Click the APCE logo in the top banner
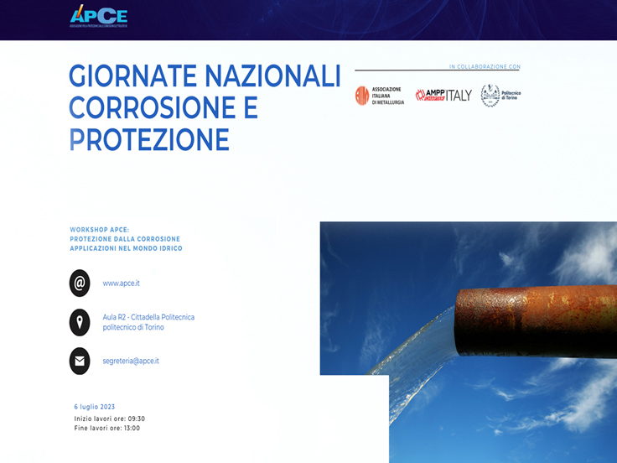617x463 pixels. pyautogui.click(x=98, y=16)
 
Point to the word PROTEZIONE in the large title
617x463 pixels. pyautogui.click(x=149, y=140)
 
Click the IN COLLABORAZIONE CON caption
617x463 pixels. pyautogui.click(x=485, y=66)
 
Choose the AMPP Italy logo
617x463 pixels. pyautogui.click(x=443, y=96)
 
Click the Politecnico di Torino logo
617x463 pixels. pyautogui.click(x=500, y=96)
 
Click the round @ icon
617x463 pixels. pyautogui.click(x=80, y=284)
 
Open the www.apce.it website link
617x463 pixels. pyautogui.click(x=122, y=284)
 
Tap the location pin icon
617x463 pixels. pyautogui.click(x=80, y=322)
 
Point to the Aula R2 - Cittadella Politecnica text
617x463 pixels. pyautogui.click(x=148, y=317)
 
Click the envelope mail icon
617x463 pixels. pyautogui.click(x=80, y=361)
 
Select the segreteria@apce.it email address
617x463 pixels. pyautogui.click(x=131, y=361)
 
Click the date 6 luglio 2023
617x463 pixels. pyautogui.click(x=95, y=407)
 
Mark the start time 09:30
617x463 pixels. pyautogui.click(x=136, y=419)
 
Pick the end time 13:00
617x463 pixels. pyautogui.click(x=131, y=428)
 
